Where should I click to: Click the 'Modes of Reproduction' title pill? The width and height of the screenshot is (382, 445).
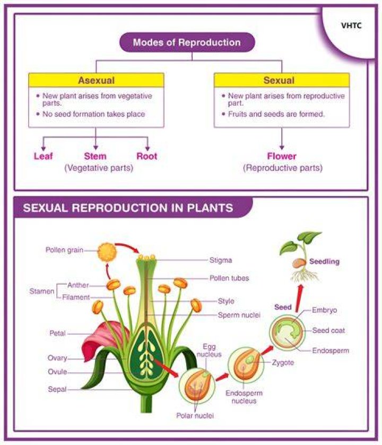click(187, 42)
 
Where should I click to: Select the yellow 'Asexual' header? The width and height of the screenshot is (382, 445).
click(96, 80)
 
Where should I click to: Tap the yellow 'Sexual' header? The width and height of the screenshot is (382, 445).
click(282, 80)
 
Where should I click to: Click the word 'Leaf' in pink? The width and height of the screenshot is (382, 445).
click(44, 156)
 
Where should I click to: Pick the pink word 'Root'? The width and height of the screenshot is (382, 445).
click(146, 156)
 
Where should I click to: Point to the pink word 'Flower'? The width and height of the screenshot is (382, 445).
click(282, 156)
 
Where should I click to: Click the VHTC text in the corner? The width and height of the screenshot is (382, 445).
click(351, 25)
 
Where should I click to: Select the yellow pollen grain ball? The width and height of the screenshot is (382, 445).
click(107, 252)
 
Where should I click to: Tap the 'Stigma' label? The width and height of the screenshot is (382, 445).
click(221, 260)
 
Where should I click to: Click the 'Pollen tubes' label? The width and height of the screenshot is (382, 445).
click(229, 278)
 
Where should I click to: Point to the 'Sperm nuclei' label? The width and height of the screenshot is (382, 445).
click(239, 315)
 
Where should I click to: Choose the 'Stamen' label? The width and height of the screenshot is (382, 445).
click(42, 291)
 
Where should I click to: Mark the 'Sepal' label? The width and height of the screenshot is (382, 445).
click(57, 389)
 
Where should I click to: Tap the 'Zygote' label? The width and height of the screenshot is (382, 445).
click(283, 362)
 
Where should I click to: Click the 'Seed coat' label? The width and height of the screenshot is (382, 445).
click(328, 330)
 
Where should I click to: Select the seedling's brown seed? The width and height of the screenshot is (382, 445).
click(299, 263)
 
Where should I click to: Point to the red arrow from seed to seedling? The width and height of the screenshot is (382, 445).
click(298, 298)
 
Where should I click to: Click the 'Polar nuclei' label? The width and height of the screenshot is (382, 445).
click(195, 415)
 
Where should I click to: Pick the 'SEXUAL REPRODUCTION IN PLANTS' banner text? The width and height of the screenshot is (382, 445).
click(128, 208)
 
